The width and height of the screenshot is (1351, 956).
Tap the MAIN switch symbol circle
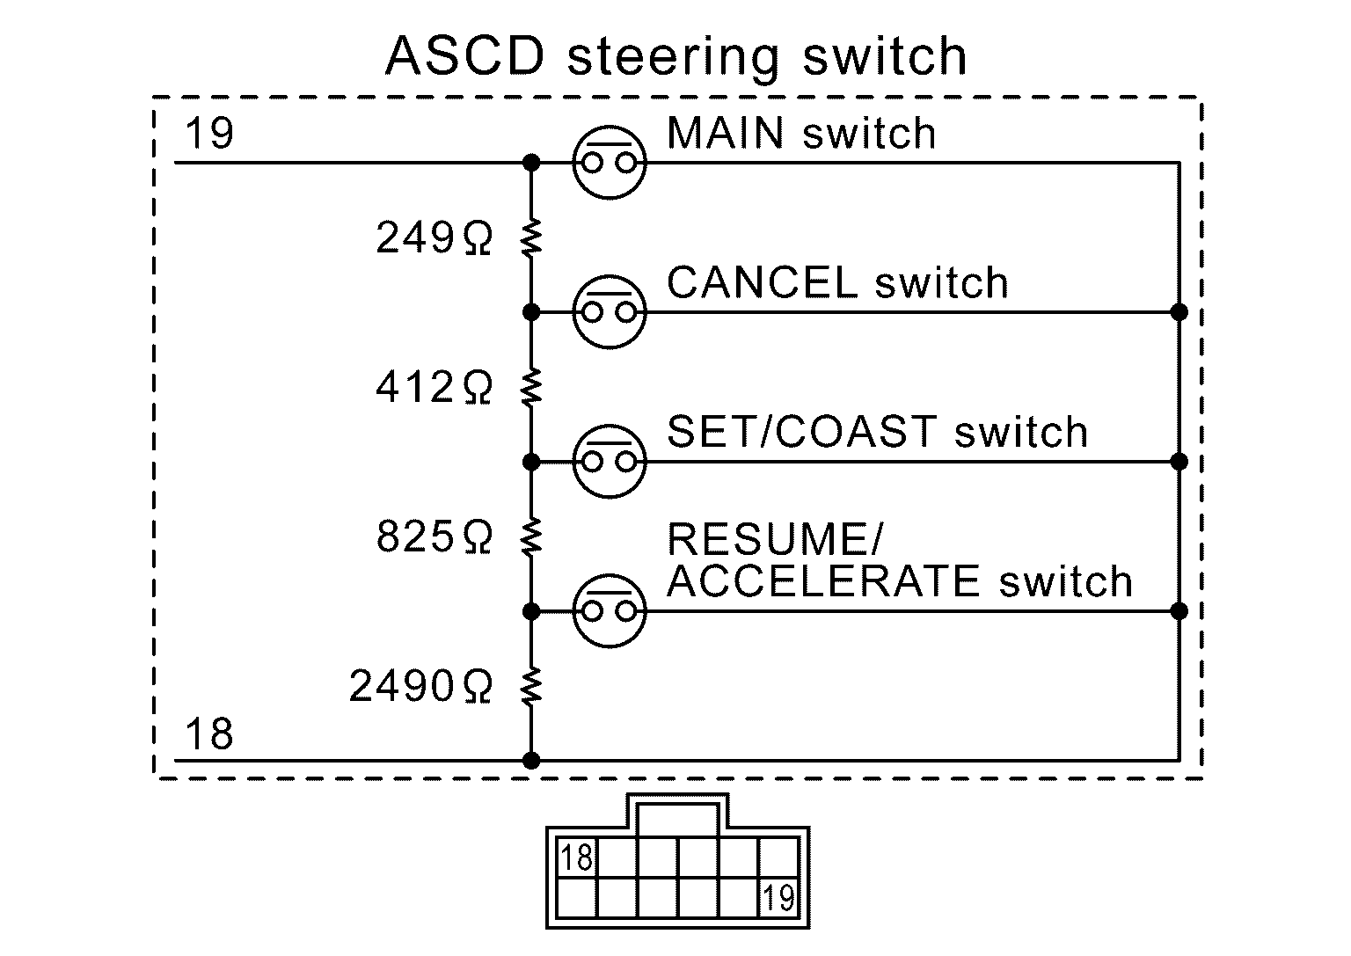click(609, 163)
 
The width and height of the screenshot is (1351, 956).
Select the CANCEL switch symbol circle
click(609, 312)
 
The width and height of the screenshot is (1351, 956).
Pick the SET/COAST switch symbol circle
click(609, 462)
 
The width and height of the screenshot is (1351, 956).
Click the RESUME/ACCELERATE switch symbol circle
click(609, 611)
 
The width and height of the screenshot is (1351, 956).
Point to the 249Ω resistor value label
click(434, 237)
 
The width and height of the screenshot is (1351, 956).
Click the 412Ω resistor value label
click(434, 387)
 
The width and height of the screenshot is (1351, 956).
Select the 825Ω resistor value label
click(434, 536)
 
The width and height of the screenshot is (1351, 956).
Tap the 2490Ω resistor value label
click(420, 686)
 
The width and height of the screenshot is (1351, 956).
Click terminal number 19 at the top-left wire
click(209, 135)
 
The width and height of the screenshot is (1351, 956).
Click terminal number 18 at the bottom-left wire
click(209, 734)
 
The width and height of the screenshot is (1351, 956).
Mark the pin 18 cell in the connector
click(577, 857)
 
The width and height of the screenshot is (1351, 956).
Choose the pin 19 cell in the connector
click(778, 898)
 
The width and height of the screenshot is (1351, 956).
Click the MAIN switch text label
click(801, 134)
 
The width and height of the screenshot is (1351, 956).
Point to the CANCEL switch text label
click(837, 283)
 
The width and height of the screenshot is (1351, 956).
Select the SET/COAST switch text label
click(877, 433)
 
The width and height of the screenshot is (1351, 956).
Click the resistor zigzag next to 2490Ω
click(530, 686)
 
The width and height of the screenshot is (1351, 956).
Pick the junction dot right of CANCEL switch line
click(1179, 312)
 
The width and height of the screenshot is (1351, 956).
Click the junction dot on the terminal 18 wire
click(530, 760)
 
